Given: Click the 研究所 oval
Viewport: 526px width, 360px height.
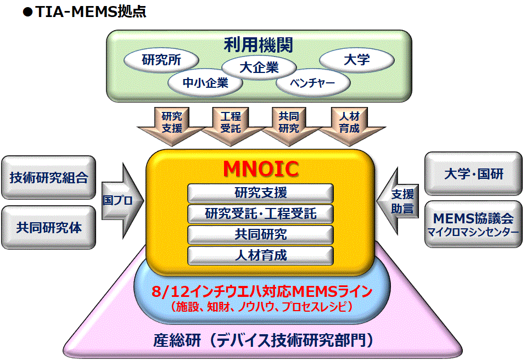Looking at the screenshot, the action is (161, 60).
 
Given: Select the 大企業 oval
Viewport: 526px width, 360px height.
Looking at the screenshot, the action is (259, 67).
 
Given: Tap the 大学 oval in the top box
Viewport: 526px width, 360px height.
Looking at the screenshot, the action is (356, 60).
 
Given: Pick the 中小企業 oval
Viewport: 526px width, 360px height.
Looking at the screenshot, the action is (205, 83).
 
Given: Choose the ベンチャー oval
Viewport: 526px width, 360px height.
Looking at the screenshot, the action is (313, 83).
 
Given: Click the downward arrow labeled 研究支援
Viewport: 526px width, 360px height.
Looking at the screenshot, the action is (172, 126).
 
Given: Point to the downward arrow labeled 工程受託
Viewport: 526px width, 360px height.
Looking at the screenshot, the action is (231, 126).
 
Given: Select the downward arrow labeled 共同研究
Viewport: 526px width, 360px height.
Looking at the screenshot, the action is (289, 126).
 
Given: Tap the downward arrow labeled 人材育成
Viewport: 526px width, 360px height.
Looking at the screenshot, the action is (349, 126).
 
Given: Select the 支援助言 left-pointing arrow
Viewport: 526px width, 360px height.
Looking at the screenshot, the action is (398, 201).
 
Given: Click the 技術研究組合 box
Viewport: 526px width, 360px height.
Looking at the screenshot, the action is (49, 177).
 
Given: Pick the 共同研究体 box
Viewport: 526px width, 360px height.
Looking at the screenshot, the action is (49, 228).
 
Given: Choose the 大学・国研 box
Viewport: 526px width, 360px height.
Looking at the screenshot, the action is (473, 173).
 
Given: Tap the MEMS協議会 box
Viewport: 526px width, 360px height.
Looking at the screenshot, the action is (473, 224).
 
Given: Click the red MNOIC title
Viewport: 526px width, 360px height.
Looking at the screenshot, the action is (261, 168).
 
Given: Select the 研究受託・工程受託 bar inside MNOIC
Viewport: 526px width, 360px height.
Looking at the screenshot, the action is (260, 214).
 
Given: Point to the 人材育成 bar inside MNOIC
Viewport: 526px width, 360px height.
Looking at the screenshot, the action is (260, 255).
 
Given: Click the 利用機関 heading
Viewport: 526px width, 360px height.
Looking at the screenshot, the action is (258, 44).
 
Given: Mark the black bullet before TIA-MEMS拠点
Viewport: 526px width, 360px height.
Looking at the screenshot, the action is (27, 13).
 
